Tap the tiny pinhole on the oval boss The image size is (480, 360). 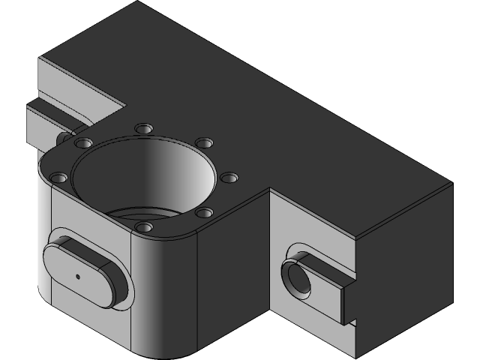(77, 276)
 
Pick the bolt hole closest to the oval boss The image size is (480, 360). (145, 226)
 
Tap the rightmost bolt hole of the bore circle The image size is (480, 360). (229, 178)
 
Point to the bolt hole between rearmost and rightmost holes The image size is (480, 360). (202, 142)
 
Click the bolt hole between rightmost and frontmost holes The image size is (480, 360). (205, 214)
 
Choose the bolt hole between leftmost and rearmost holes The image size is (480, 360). (83, 142)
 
